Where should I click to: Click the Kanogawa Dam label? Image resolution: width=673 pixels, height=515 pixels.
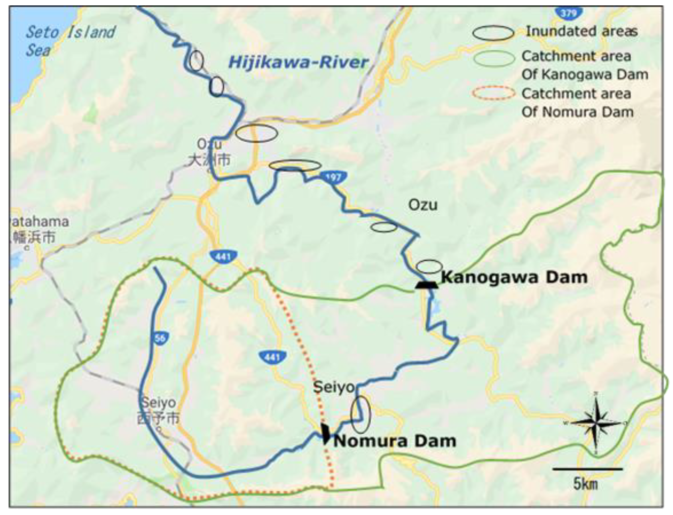[514, 277]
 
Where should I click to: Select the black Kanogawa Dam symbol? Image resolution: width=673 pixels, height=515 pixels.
[426, 285]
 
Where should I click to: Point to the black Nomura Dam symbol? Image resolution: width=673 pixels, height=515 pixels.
[325, 433]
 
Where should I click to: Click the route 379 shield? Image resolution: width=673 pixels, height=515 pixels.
[569, 13]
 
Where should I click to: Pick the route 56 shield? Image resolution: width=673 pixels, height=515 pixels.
[160, 338]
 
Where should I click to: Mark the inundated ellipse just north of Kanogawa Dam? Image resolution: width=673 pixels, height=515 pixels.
[429, 267]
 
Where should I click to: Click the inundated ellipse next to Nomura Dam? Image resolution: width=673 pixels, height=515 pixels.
[361, 415]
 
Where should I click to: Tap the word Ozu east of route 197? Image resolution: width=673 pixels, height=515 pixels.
[423, 205]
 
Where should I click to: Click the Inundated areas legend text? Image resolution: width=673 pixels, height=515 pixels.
[581, 31]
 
